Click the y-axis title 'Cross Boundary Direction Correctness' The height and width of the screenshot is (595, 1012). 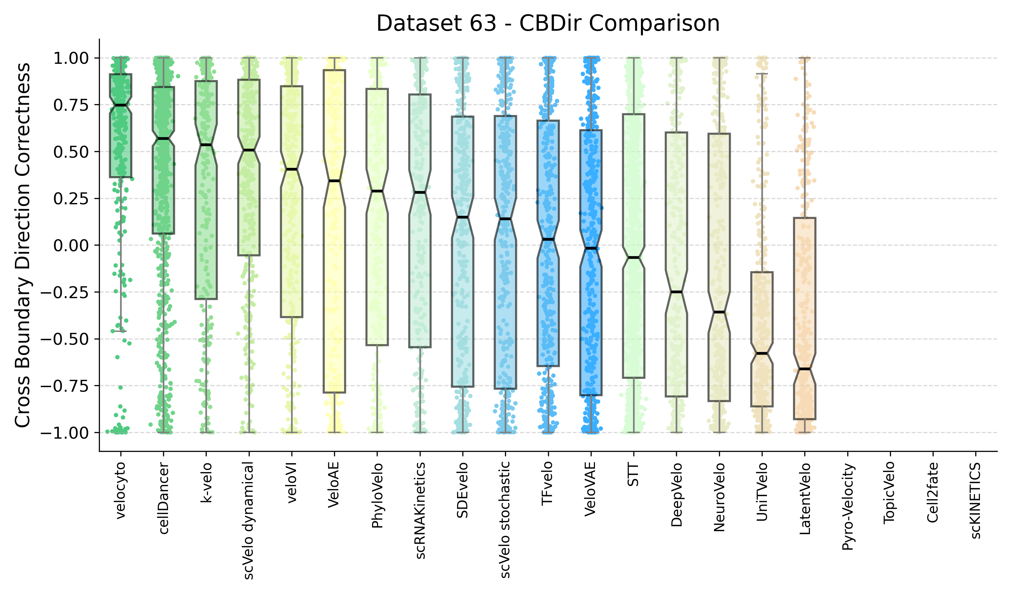click(22, 245)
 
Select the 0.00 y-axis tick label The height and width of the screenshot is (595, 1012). click(71, 245)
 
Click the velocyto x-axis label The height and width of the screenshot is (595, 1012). click(120, 490)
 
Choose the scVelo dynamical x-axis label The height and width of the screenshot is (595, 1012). click(249, 520)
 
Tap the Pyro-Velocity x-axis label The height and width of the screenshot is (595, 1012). click(847, 507)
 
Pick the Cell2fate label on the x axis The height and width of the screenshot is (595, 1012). click(933, 493)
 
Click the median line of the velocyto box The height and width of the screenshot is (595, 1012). click(120, 105)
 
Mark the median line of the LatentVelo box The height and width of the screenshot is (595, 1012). click(804, 369)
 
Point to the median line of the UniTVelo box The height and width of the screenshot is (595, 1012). click(762, 353)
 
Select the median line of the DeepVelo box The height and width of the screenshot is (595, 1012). click(676, 292)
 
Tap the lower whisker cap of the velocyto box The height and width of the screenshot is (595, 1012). click(120, 331)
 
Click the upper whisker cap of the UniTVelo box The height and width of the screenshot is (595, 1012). click(762, 74)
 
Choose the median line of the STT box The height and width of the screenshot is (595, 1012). click(634, 258)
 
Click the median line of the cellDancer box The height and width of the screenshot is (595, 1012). click(163, 139)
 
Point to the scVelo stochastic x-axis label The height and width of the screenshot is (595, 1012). click(506, 520)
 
